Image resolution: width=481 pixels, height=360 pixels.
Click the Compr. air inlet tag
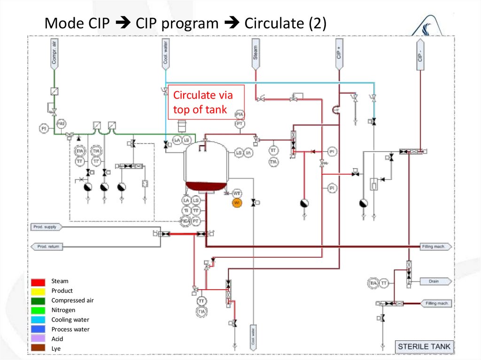point(54,54)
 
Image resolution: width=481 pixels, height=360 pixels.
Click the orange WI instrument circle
point(237,202)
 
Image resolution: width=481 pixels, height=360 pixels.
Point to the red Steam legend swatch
point(39,282)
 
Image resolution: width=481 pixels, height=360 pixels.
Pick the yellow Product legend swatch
point(39,291)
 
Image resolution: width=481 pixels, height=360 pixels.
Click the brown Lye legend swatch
point(39,349)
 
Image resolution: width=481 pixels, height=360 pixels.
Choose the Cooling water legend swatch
point(39,320)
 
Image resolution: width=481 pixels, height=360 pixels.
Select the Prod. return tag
point(47,246)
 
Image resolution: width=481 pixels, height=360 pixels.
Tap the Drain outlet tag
point(434,282)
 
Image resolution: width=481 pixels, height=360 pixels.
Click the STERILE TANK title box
point(424,347)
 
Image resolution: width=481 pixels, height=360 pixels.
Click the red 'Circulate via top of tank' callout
point(207,102)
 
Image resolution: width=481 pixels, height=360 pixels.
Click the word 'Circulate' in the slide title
point(274,23)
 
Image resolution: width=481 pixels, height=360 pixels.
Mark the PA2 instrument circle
point(61,123)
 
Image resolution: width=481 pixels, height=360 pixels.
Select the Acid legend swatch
point(39,339)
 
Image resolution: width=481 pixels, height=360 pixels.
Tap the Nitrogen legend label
point(63,310)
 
